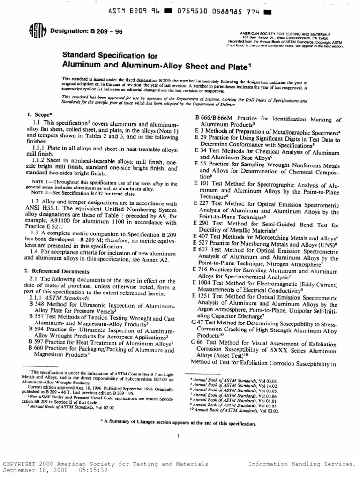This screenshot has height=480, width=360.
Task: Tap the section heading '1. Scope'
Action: click(x=38, y=114)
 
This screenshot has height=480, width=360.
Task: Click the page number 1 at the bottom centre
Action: click(x=179, y=435)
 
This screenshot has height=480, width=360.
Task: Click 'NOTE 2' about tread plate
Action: click(x=40, y=192)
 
